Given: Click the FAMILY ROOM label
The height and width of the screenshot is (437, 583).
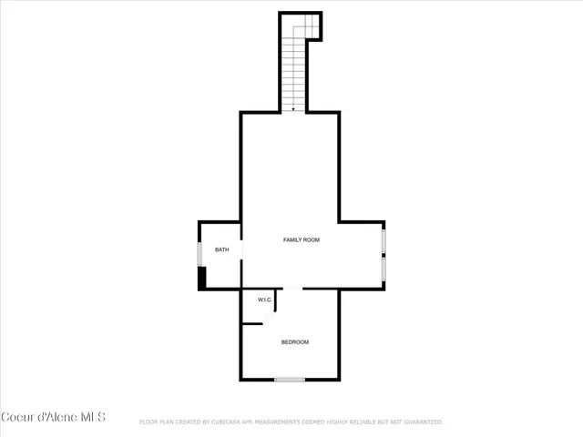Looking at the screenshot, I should [x=301, y=239].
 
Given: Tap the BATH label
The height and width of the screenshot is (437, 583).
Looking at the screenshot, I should [x=221, y=250].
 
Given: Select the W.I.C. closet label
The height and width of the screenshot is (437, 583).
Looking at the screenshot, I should [x=265, y=300].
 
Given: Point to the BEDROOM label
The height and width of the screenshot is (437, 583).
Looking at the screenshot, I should [x=294, y=342].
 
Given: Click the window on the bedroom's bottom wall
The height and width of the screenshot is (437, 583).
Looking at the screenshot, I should [x=290, y=380].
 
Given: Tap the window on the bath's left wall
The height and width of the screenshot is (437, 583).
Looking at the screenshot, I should [x=199, y=254].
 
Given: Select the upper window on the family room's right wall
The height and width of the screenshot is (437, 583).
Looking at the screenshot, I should [x=384, y=240].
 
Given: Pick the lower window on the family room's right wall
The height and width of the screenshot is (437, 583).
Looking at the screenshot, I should [x=384, y=269].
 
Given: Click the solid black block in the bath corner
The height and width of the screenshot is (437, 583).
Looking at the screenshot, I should [x=202, y=278].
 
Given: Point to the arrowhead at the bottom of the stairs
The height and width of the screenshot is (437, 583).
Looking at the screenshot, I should [x=293, y=108].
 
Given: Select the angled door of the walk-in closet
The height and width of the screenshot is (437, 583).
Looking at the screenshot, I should [x=271, y=305].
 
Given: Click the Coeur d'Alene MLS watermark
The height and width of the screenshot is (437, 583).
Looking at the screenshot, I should [x=54, y=417].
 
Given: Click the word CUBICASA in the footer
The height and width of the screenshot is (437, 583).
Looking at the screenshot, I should [x=230, y=422].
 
